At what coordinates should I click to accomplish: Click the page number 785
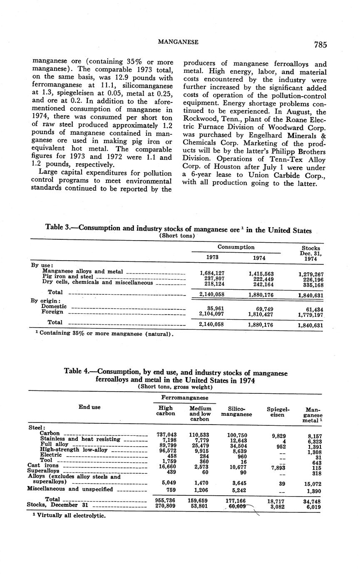(320, 45)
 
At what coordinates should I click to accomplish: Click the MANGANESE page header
(178, 42)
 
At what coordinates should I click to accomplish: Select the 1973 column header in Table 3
(212, 257)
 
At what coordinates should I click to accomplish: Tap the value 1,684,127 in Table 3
(212, 273)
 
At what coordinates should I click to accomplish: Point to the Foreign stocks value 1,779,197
(310, 315)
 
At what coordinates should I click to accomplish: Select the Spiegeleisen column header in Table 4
(278, 412)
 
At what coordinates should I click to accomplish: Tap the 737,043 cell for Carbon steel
(165, 435)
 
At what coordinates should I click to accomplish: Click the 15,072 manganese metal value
(312, 484)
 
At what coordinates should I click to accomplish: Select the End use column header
(89, 407)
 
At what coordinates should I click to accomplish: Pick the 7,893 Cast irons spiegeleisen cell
(278, 468)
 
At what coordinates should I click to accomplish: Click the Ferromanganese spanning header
(179, 398)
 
